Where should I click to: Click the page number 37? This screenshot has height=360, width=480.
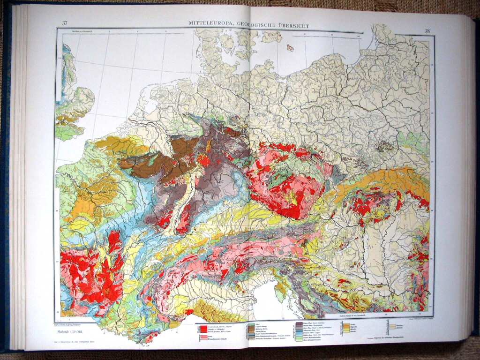(x=65, y=23)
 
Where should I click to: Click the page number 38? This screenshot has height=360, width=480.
(x=427, y=31)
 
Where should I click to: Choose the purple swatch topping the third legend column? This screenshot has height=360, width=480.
(x=298, y=323)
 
